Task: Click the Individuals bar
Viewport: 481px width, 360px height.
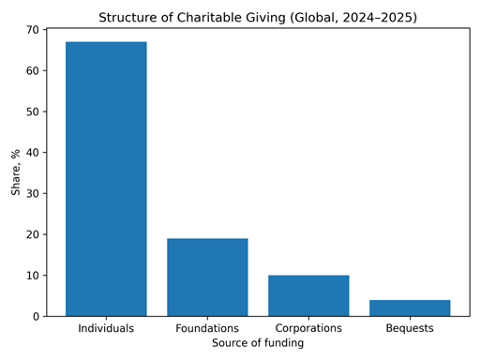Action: pos(106,179)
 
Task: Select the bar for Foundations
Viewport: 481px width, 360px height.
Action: pos(207,277)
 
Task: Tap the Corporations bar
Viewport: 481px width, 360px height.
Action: pos(308,295)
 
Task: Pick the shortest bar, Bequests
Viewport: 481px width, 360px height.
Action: pos(410,307)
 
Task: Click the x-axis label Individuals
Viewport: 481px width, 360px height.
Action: pos(106,329)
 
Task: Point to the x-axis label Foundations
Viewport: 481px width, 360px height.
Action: pos(207,329)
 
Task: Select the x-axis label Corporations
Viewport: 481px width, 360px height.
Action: pos(308,329)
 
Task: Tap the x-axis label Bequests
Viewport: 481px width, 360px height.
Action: pos(410,329)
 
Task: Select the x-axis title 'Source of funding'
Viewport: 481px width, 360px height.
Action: pos(258,344)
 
